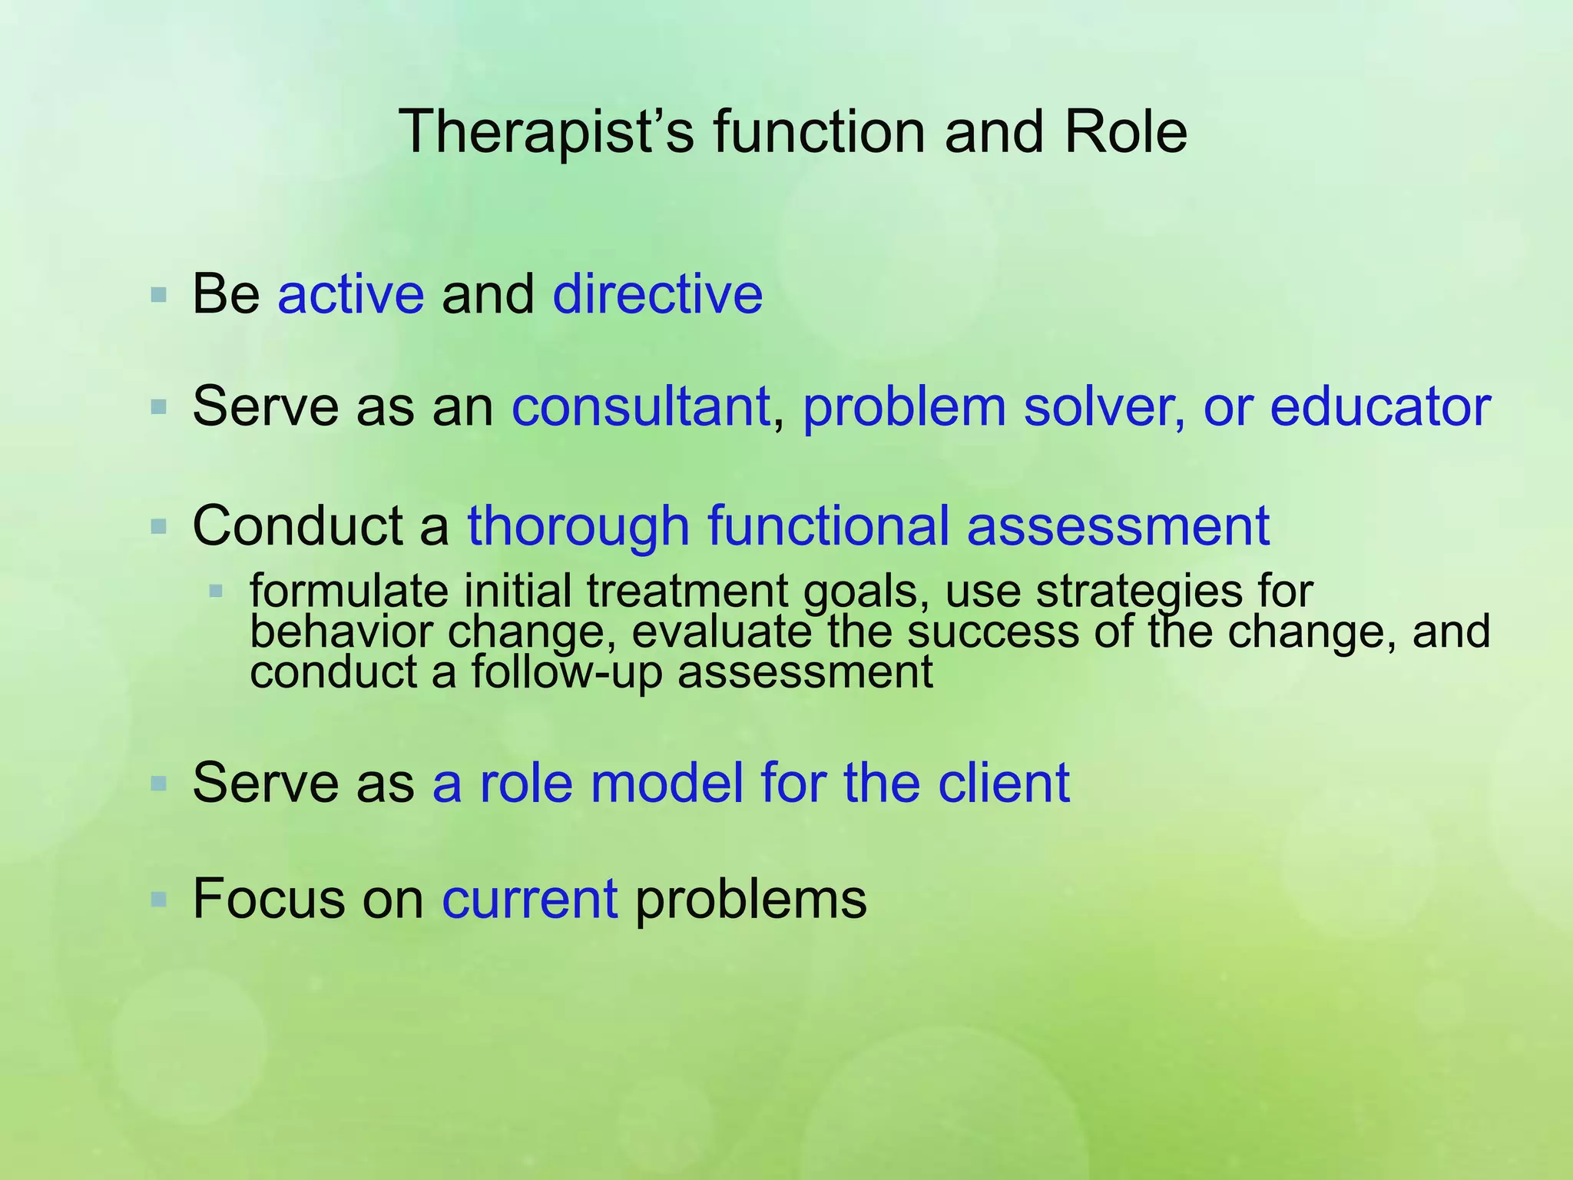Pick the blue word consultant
coord(641,406)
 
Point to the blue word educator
coord(1380,406)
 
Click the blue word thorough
coord(578,527)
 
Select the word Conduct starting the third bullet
coord(297,527)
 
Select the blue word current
coord(529,899)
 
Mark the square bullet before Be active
coord(159,295)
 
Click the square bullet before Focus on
coord(159,899)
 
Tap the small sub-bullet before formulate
coord(216,592)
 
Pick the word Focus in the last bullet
coord(269,899)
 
